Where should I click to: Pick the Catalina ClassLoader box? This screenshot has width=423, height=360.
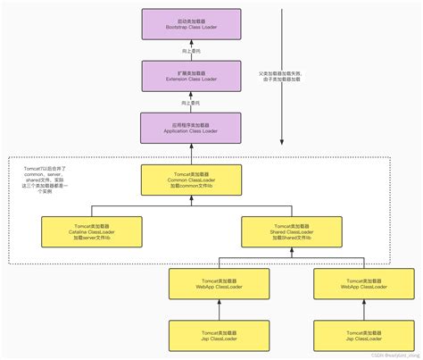pyautogui.click(x=80, y=233)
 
